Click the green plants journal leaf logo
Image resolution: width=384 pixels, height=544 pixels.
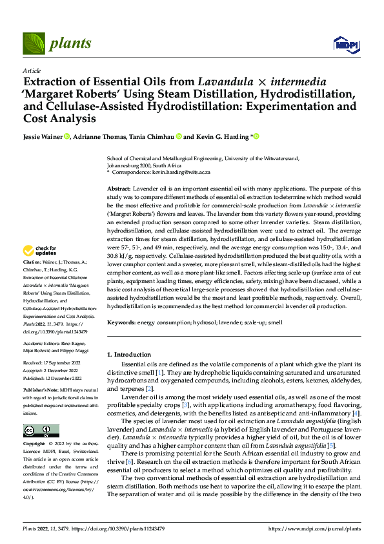coord(35,44)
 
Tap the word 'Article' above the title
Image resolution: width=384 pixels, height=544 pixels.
coord(32,70)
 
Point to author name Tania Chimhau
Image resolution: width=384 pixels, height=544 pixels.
coord(157,137)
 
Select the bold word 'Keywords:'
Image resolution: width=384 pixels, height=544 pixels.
coord(123,322)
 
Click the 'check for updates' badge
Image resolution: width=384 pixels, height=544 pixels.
coord(40,251)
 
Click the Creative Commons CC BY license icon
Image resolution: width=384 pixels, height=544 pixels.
coord(41,431)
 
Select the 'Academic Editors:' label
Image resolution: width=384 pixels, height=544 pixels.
coord(42,344)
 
